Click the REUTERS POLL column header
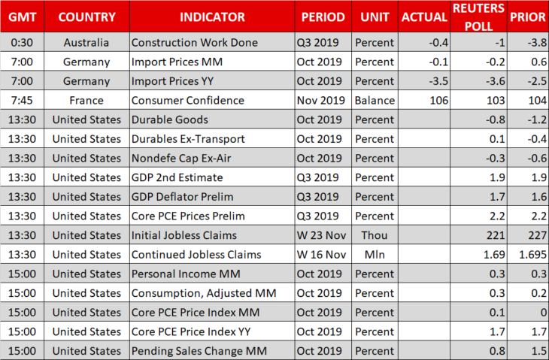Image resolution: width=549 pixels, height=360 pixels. (478, 17)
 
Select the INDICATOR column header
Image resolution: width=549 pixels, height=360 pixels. (212, 17)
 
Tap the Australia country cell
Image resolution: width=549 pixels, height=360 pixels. (86, 43)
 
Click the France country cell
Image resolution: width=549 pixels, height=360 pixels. (86, 101)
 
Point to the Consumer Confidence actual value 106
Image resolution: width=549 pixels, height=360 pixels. (438, 101)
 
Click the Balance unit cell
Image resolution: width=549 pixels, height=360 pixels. (375, 101)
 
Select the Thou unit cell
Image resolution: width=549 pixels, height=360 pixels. (375, 235)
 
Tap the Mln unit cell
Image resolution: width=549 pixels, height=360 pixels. (375, 254)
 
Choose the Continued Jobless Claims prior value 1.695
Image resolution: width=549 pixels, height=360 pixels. (532, 254)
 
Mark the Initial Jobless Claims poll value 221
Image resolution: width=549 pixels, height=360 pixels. (496, 235)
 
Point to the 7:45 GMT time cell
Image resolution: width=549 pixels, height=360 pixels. (22, 101)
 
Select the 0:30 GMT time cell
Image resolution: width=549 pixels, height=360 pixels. (22, 43)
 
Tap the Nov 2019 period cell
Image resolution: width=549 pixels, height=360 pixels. (320, 101)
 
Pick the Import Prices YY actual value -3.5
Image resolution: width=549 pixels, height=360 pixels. (438, 81)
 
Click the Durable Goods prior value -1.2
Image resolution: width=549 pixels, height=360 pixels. (537, 119)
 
